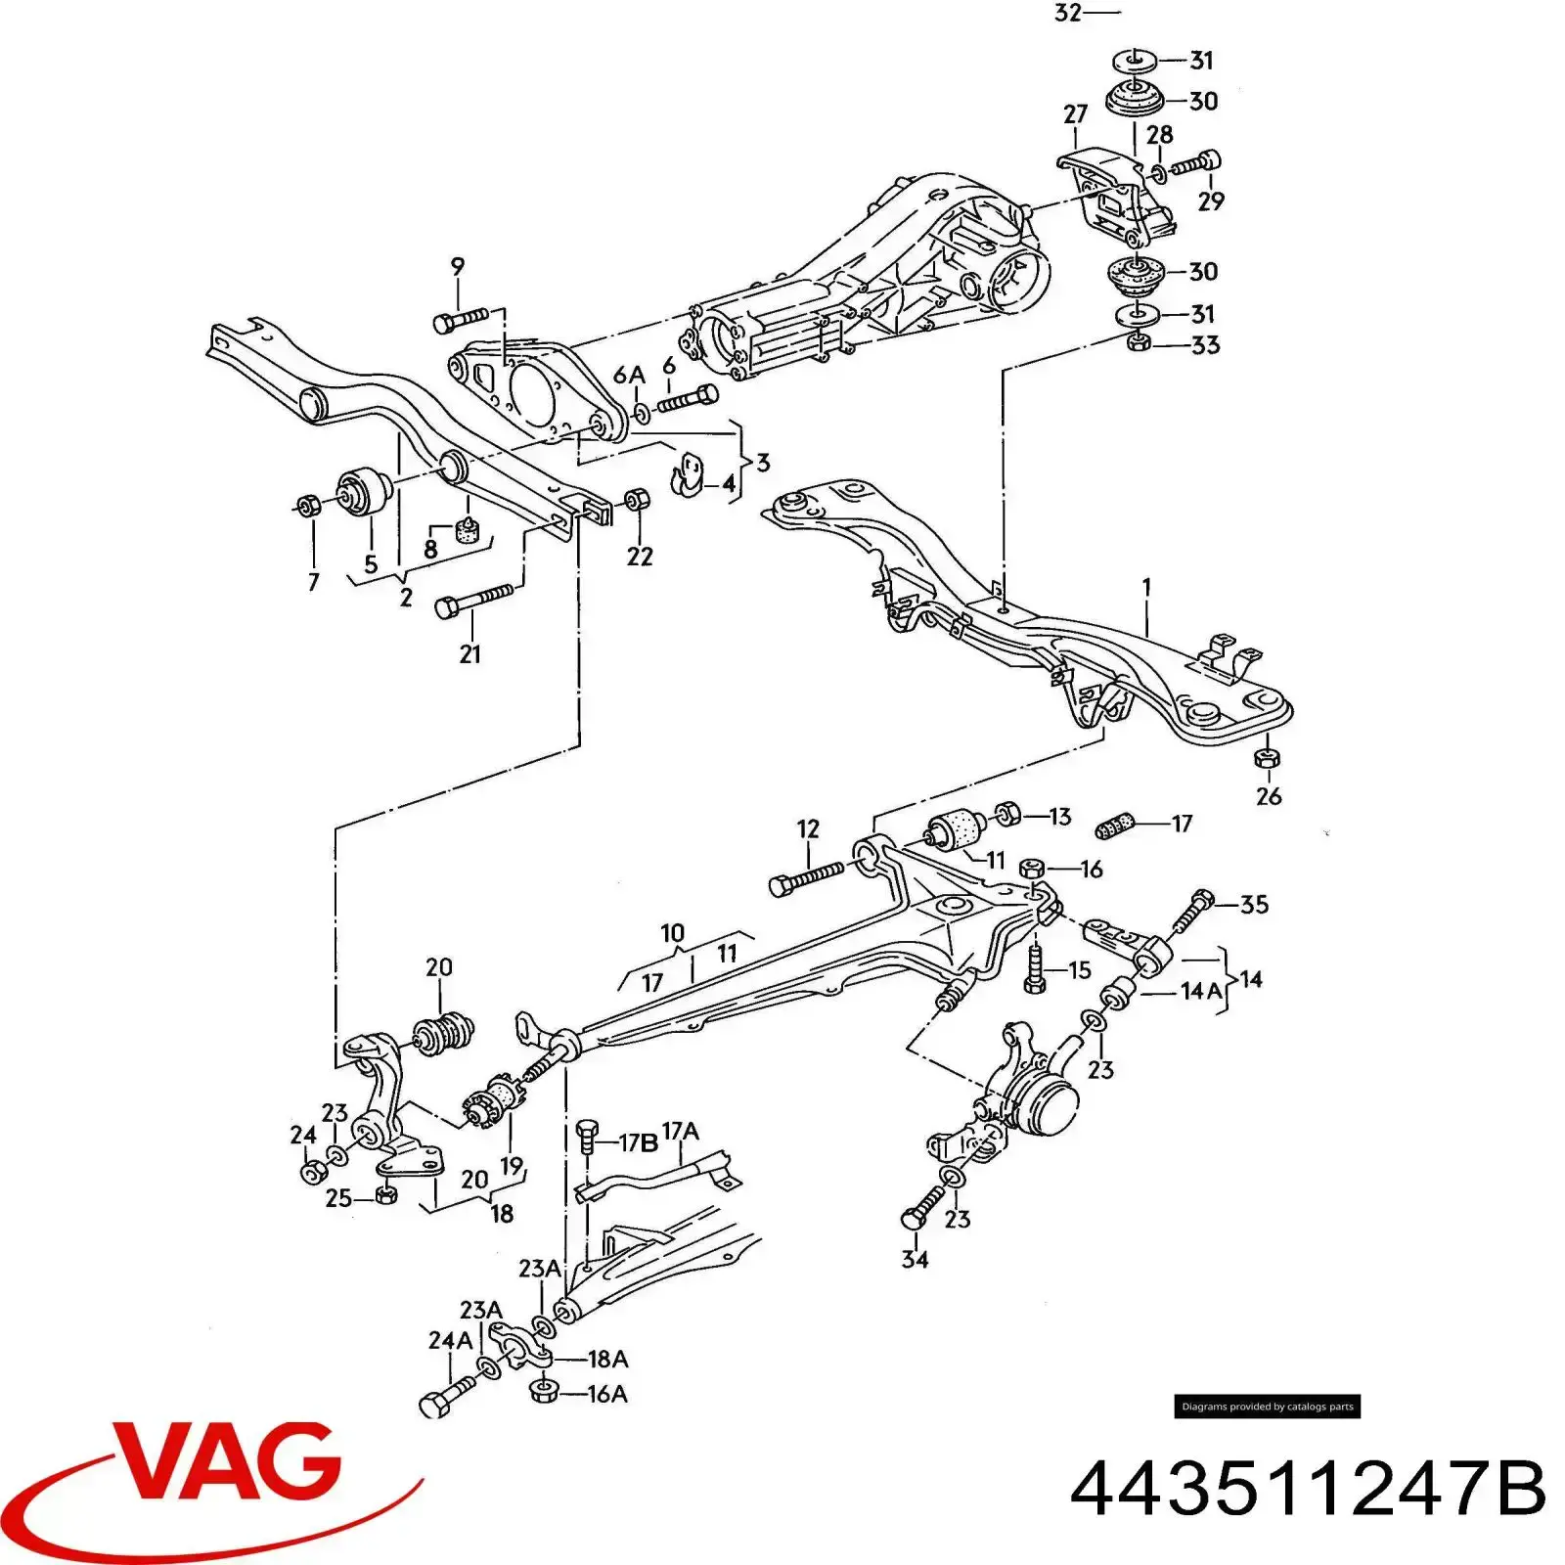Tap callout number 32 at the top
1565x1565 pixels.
(x=1067, y=13)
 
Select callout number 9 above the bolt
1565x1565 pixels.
(x=458, y=266)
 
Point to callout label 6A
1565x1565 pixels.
(x=629, y=376)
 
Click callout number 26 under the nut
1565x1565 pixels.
(x=1268, y=795)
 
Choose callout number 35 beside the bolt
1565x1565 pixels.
(x=1254, y=904)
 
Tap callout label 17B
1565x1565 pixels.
(x=638, y=1142)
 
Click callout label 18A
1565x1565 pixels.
(x=607, y=1359)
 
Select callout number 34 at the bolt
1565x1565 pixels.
(x=915, y=1259)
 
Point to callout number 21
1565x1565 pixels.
(x=469, y=653)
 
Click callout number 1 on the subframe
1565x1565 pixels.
(x=1145, y=587)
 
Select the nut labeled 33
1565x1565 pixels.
(x=1138, y=342)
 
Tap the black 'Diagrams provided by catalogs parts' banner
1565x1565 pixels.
(x=1267, y=1407)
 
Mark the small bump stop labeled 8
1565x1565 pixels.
(x=468, y=531)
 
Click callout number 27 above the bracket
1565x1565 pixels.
(x=1075, y=113)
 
